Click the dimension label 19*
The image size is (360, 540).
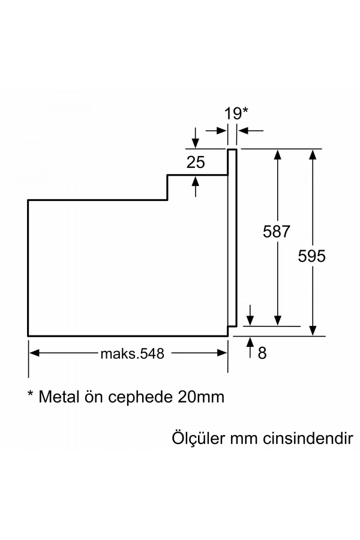point(236,113)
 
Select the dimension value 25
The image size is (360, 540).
point(196,161)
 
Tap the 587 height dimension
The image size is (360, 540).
point(277,232)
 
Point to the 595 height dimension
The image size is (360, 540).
point(312,256)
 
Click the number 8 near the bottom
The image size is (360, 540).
point(262,353)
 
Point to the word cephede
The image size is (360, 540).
point(143,398)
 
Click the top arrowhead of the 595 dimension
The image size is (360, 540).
point(312,154)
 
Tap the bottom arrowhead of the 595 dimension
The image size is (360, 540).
point(312,331)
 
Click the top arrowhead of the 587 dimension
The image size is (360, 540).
point(277,154)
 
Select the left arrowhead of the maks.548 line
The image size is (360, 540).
point(34,353)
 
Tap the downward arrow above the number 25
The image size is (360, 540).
point(196,142)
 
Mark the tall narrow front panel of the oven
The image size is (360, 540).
point(232,240)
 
